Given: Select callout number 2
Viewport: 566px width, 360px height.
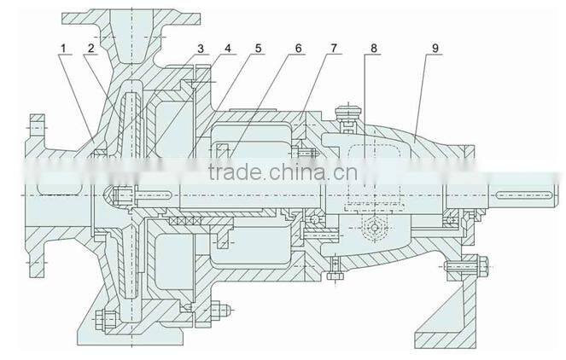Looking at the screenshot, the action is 89,49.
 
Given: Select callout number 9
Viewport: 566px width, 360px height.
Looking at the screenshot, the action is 435,49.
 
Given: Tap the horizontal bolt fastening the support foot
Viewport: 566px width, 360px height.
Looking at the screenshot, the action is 461,273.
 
